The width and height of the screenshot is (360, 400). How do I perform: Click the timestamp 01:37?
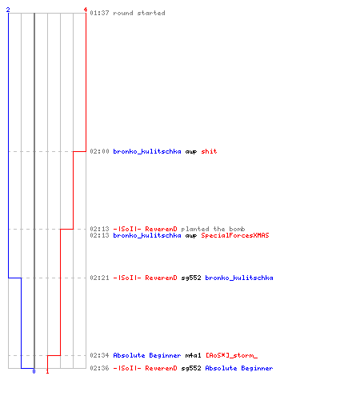(99, 13)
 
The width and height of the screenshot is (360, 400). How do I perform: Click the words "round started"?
(139, 13)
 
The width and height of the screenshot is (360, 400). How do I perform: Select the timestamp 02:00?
(99, 151)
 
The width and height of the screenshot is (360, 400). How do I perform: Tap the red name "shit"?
(209, 151)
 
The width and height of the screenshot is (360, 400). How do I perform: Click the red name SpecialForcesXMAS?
(235, 235)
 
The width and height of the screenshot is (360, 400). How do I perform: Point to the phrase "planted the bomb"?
(213, 229)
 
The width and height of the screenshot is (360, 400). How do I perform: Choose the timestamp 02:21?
(99, 278)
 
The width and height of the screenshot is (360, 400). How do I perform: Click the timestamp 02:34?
(99, 355)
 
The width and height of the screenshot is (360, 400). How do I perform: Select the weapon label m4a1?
(193, 355)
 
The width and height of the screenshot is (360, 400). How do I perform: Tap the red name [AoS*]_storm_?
(231, 355)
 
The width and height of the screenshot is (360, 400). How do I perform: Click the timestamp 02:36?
(99, 368)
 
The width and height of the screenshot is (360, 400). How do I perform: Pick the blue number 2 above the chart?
(8, 10)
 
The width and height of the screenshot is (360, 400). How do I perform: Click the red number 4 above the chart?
(86, 10)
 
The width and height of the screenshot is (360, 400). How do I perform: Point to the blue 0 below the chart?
(34, 371)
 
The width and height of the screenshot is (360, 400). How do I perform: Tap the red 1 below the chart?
(47, 371)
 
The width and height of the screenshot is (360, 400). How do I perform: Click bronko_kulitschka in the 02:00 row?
(147, 151)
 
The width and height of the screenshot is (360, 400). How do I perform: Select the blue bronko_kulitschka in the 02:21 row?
(239, 278)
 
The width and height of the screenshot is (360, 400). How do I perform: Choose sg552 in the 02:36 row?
(191, 368)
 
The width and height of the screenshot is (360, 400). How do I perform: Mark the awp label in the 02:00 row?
(191, 152)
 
